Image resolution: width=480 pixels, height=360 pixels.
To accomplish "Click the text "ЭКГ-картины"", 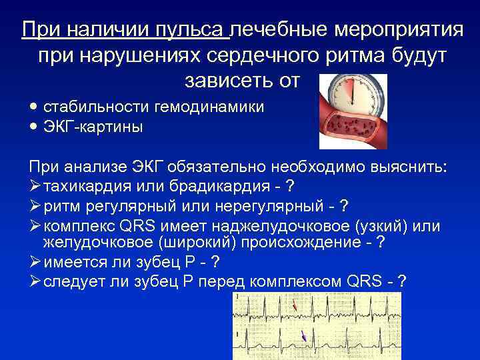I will [x=93, y=127].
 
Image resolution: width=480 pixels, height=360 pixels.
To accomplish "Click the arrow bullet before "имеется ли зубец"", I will [x=35, y=261].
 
